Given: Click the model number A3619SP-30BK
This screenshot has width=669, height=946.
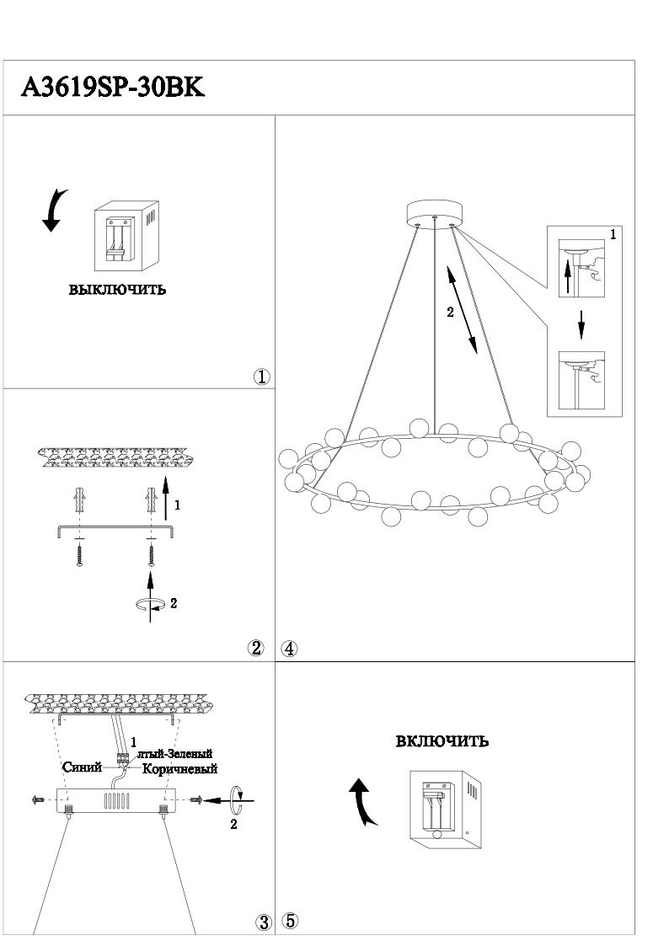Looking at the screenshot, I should (113, 88).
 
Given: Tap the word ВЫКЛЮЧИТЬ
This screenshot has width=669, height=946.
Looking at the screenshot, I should (117, 291).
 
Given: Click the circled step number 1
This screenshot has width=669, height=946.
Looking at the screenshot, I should (262, 377).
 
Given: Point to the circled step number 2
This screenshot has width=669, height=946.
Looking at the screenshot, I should (256, 648).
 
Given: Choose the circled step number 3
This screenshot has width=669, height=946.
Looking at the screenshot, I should (263, 922).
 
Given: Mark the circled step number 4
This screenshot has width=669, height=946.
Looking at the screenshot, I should (289, 649).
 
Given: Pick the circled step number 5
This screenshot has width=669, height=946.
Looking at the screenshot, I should (289, 921).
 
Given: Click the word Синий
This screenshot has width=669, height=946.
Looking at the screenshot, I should (82, 767).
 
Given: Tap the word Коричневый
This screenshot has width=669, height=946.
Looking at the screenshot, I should (180, 769).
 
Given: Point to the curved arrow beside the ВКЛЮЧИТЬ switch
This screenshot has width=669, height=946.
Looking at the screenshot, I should (363, 802).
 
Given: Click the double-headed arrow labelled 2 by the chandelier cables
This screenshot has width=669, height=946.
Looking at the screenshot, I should (462, 310).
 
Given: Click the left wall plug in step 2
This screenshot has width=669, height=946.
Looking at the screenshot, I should (80, 505).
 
